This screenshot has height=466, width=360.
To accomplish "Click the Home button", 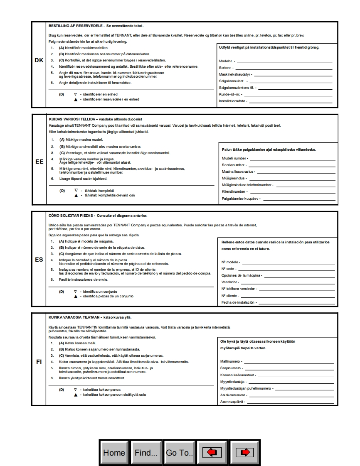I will pyautogui.click(x=114, y=452).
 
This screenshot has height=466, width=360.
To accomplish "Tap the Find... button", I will pyautogui.click(x=146, y=452).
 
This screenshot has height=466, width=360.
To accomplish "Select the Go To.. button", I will pyautogui.click(x=179, y=452).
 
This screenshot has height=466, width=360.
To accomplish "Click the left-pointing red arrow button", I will pyautogui.click(x=212, y=452).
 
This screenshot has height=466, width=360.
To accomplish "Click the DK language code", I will pyautogui.click(x=39, y=60).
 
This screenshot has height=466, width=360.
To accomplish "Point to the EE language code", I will pyautogui.click(x=39, y=162).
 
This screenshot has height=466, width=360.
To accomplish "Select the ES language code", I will pyautogui.click(x=39, y=260).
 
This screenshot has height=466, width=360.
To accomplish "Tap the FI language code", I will pyautogui.click(x=39, y=362).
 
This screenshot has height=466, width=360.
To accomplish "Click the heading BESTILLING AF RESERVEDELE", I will pyautogui.click(x=76, y=26).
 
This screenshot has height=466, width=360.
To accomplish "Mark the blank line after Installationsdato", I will pyautogui.click(x=290, y=101).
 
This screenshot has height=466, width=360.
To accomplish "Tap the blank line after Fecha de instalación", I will pyautogui.click(x=296, y=303).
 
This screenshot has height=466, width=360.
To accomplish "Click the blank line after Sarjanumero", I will pyautogui.click(x=288, y=368).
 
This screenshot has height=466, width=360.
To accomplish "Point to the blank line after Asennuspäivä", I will pyautogui.click(x=290, y=402).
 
